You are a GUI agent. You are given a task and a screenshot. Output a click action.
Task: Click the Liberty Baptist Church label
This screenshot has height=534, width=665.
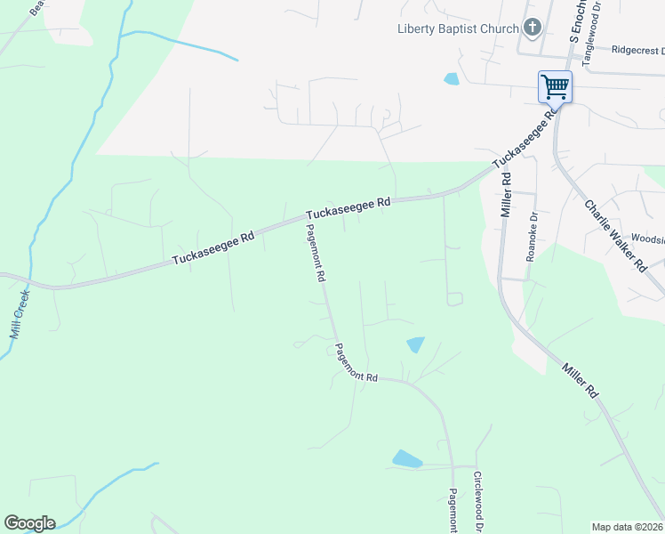[457, 28]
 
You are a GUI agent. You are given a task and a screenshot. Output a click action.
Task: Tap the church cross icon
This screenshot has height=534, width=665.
[533, 28]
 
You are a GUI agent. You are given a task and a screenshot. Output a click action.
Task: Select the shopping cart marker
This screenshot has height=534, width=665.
[555, 87]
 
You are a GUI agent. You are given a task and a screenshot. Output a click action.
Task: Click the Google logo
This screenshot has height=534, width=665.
[29, 523]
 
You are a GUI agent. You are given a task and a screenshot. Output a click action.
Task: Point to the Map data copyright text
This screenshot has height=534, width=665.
[628, 526]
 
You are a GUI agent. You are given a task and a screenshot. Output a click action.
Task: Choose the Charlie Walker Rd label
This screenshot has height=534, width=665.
[614, 234]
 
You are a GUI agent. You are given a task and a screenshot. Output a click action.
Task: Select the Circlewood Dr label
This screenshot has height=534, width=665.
[477, 500]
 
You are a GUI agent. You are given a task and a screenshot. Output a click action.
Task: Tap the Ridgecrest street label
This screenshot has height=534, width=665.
[637, 51]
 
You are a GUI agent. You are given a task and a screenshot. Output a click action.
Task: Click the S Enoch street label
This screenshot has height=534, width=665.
[574, 21]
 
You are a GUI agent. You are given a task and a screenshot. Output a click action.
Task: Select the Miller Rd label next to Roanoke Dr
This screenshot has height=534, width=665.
[506, 195]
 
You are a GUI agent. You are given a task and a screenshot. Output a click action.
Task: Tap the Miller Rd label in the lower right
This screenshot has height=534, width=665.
[580, 380]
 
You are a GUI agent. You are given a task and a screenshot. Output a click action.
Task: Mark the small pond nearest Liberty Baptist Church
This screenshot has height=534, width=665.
[452, 78]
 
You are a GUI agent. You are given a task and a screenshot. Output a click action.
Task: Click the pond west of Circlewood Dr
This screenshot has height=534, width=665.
[407, 459]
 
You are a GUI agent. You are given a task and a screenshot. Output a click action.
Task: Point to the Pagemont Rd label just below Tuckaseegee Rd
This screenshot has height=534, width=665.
[315, 253]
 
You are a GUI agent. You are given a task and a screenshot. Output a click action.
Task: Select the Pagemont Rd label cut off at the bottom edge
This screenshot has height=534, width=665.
[453, 511]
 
